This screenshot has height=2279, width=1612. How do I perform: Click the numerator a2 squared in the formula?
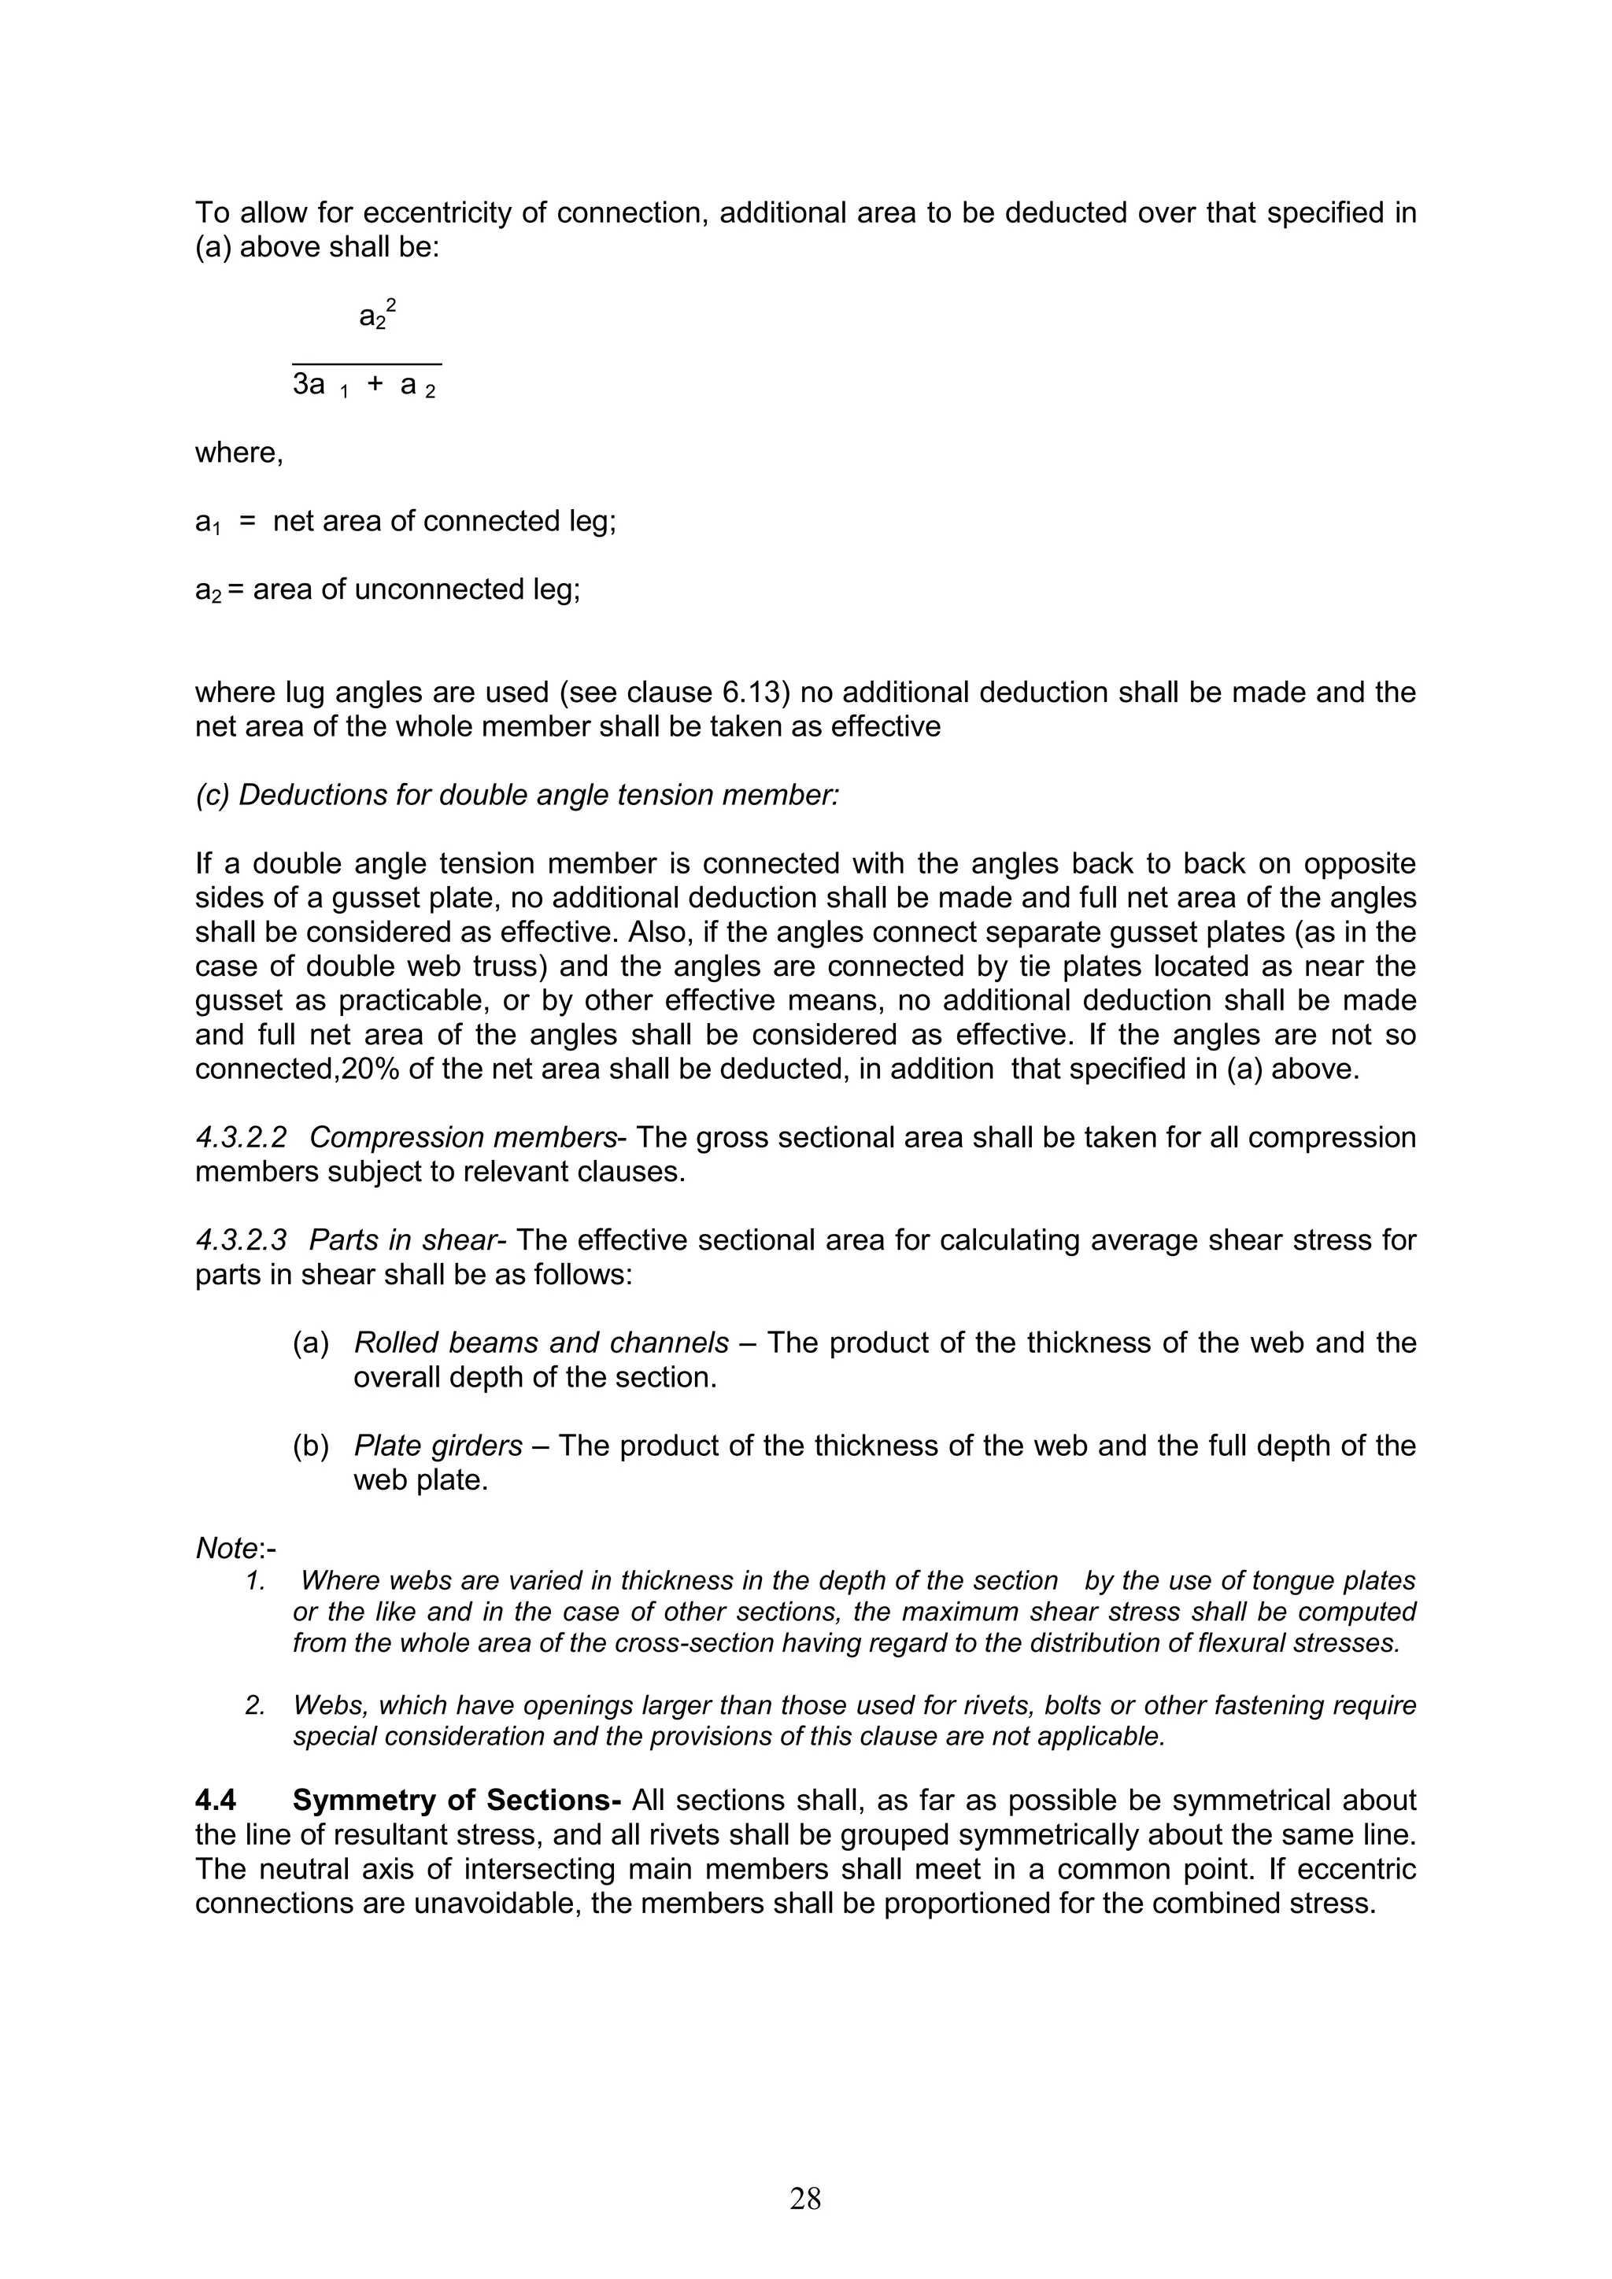pos(377,316)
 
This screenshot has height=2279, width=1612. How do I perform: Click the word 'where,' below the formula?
pos(239,452)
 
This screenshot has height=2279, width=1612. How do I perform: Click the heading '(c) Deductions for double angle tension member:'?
pos(516,795)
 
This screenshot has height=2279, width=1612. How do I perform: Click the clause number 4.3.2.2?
pos(240,1137)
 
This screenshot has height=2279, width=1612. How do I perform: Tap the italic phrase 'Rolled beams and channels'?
pos(541,1343)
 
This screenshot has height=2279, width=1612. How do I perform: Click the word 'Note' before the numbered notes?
pos(227,1549)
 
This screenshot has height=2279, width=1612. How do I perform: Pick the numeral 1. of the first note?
pos(255,1580)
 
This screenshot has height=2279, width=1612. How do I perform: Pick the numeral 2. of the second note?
pos(255,1705)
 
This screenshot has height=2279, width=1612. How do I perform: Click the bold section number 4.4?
pos(216,1800)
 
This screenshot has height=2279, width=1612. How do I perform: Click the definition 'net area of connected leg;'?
pos(445,521)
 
